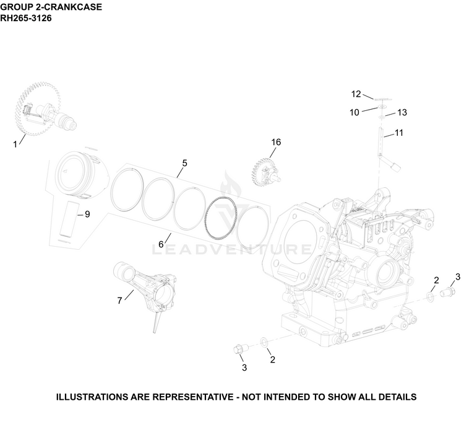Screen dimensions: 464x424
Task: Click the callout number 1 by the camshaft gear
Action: pos(15,144)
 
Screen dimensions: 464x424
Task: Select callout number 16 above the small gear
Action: pos(276,143)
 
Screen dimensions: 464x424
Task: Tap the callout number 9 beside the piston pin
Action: pos(87,214)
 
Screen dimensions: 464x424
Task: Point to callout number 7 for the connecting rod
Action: pos(119,301)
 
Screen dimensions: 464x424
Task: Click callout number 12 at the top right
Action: pos(356,94)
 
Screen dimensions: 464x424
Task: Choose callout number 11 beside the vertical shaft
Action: pos(399,133)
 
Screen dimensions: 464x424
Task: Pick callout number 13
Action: pos(402,112)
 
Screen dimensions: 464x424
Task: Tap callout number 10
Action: pos(354,112)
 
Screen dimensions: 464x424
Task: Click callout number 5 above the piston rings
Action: pos(184,163)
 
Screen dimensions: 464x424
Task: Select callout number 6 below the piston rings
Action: pos(161,244)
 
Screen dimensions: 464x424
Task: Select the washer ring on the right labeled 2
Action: pos(430,297)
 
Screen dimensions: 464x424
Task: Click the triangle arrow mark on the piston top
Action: pos(66,170)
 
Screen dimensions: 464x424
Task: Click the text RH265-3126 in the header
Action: pos(26,19)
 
